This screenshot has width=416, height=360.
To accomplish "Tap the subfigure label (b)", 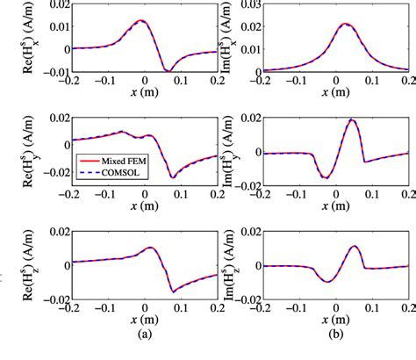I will click(334, 349).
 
